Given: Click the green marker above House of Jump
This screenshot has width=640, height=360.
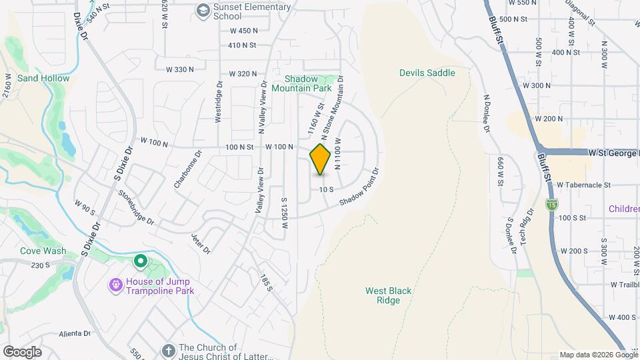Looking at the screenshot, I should pyautogui.click(x=141, y=261).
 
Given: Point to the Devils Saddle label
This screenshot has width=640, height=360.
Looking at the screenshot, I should pyautogui.click(x=427, y=73).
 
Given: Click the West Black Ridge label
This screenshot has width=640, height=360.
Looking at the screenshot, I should pyautogui.click(x=388, y=295).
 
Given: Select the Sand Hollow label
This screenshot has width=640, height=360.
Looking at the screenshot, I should pyautogui.click(x=43, y=78).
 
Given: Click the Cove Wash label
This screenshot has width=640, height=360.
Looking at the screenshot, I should pyautogui.click(x=43, y=251).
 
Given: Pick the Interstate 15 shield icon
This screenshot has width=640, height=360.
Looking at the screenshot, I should pyautogui.click(x=551, y=204).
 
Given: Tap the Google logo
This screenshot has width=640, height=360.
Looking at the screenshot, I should pyautogui.click(x=22, y=352).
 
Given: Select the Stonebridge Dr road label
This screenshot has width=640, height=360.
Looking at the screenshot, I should pyautogui.click(x=136, y=207).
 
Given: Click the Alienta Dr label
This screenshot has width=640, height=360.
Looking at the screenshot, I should pyautogui.click(x=74, y=333).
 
